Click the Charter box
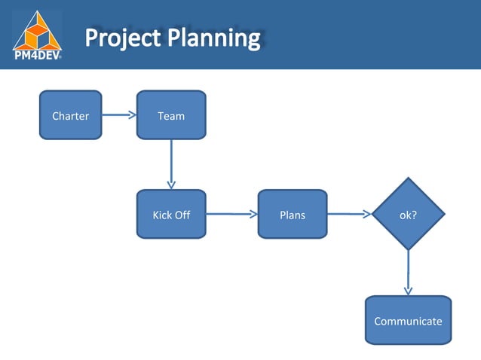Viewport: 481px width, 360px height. click(x=70, y=115)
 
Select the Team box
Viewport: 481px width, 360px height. click(x=171, y=115)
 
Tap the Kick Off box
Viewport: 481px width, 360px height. click(x=171, y=214)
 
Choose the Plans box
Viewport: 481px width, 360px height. click(x=293, y=214)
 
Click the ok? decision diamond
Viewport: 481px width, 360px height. click(x=408, y=214)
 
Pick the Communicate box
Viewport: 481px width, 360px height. click(x=408, y=320)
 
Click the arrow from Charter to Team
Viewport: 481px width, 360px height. click(x=118, y=115)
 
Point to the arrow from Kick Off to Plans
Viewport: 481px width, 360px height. click(x=231, y=214)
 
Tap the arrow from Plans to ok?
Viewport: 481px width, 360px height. click(x=348, y=214)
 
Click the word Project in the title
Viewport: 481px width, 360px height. click(x=122, y=38)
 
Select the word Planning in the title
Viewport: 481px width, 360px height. click(x=213, y=38)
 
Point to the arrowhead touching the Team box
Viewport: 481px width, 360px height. click(x=132, y=115)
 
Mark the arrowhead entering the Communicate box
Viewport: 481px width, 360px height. click(x=408, y=291)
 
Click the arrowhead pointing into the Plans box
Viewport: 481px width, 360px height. click(x=253, y=214)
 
